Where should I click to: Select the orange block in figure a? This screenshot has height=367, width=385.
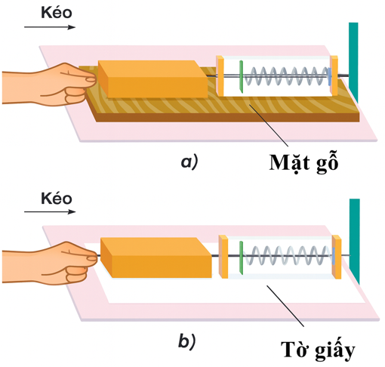pyautogui.click(x=152, y=80)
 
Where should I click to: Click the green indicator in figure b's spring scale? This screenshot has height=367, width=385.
pyautogui.click(x=240, y=258)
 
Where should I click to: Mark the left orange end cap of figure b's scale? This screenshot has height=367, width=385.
pyautogui.click(x=223, y=258)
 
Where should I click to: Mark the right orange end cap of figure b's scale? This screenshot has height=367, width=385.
pyautogui.click(x=336, y=258)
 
